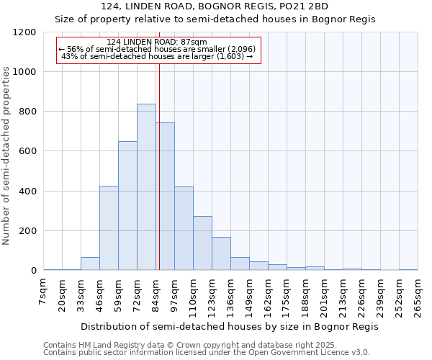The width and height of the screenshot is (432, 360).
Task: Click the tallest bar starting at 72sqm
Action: click(x=146, y=187)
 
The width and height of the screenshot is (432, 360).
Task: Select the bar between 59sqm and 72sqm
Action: click(x=127, y=206)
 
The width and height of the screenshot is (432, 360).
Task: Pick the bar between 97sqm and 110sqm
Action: click(x=184, y=229)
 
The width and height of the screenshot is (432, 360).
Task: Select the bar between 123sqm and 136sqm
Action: click(x=221, y=253)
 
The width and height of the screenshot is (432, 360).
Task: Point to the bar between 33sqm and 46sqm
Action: click(x=90, y=264)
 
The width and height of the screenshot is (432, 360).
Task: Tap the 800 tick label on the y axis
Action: click(x=27, y=112)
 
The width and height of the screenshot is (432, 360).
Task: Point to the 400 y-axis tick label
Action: click(x=27, y=192)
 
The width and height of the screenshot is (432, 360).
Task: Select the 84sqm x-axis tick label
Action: click(x=156, y=293)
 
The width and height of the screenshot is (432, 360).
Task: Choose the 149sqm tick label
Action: click(x=250, y=295)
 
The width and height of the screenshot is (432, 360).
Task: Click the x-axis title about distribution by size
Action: click(x=229, y=326)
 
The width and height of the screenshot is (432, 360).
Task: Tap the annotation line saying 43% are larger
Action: click(x=157, y=55)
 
